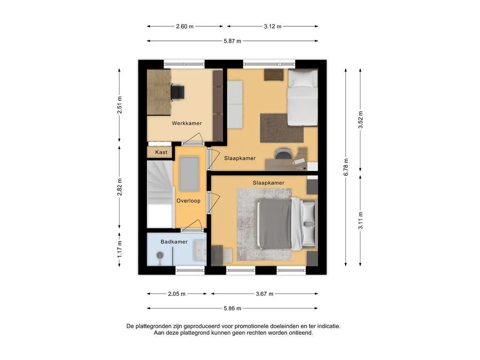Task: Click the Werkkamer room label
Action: pos(187,123)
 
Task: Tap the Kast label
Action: pos(161,152)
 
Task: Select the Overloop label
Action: pos(188,201)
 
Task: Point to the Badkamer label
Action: pos(174,242)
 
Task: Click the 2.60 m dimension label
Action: pos(185,27)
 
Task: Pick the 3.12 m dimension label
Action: pos(272,27)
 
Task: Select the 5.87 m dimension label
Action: pos(232,41)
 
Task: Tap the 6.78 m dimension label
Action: pos(346,167)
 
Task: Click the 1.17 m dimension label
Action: pos(120,249)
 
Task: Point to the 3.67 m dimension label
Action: pos(264,294)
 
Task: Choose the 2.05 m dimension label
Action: pos(177,294)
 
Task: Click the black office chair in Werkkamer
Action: pos(177,92)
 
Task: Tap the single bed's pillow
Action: pos(303,79)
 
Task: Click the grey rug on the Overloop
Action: pos(189,173)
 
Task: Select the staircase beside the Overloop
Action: pos(159,195)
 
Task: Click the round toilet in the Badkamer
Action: pos(160,255)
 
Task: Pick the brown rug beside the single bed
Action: pos(282,128)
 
